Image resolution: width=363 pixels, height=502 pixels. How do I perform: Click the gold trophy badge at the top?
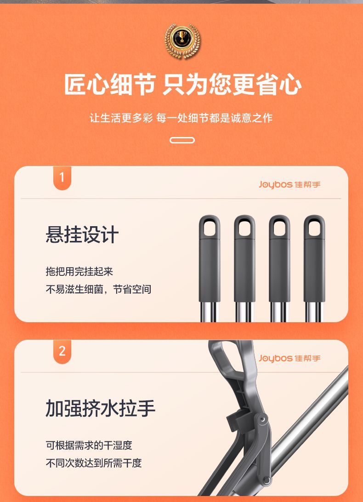coord(182,41)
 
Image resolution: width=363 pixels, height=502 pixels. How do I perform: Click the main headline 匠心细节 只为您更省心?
coord(182,85)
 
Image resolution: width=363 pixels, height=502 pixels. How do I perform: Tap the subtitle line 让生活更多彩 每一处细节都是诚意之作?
coord(181,118)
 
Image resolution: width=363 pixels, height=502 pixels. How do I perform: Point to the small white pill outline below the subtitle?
coord(182,140)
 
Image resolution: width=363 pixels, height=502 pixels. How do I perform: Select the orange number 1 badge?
coord(62,178)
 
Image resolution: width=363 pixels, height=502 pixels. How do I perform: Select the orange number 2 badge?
coord(62,352)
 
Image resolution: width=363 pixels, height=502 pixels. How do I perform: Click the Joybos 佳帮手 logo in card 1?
coord(289,184)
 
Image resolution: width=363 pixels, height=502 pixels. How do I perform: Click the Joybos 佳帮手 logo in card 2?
coord(289,358)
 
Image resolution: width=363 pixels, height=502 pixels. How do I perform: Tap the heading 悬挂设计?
coord(82,234)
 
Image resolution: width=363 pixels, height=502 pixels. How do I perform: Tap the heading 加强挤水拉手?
coord(100,408)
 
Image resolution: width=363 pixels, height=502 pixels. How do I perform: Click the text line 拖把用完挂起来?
coord(79,272)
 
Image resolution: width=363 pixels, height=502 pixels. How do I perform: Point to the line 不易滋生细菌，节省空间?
coord(98,289)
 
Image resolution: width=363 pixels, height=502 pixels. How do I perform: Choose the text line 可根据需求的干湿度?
coord(89,445)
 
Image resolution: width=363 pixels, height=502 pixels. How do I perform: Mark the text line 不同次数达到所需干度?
coord(93,462)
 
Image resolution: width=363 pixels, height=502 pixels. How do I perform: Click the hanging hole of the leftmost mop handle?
coord(210,227)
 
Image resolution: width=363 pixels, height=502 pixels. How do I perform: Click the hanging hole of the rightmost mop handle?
coord(314,227)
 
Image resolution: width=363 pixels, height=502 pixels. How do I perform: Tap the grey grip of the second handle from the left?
coord(244,259)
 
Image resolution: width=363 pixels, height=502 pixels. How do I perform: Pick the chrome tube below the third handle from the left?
coord(279,312)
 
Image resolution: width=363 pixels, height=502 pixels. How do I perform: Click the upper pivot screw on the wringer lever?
coord(262,419)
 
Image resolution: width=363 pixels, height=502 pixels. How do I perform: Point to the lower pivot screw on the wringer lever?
coord(267,479)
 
